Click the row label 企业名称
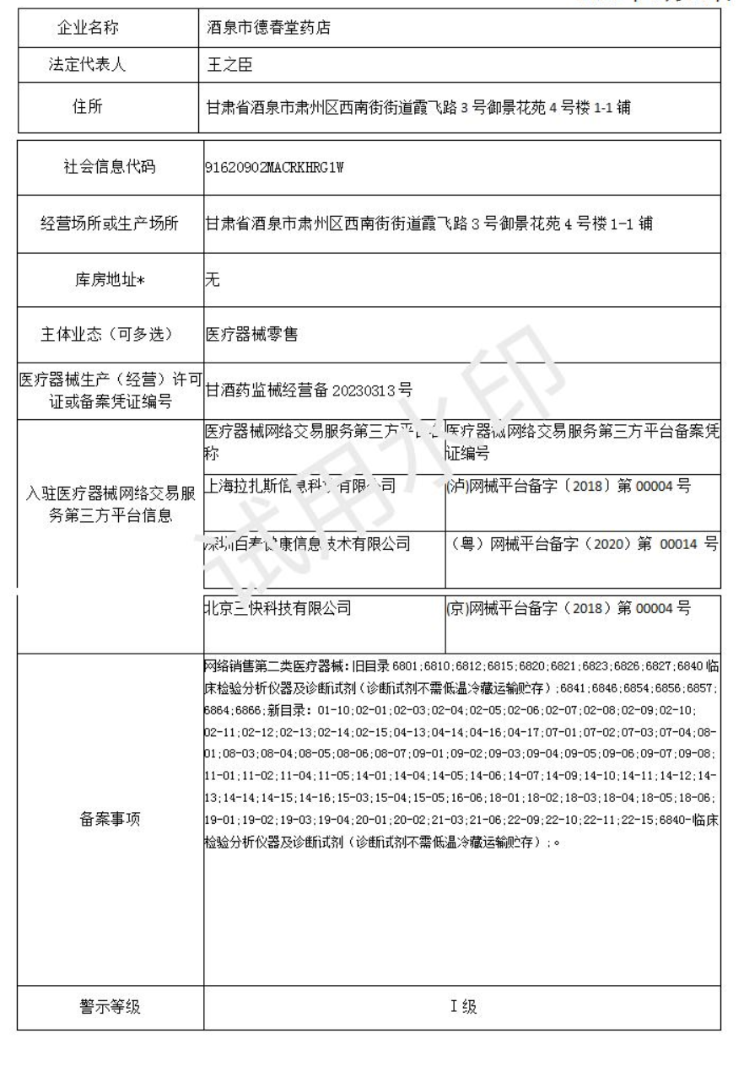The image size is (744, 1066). (99, 28)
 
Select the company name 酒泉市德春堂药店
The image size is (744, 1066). (269, 28)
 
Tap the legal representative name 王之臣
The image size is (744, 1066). (229, 66)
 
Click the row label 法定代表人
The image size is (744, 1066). (99, 66)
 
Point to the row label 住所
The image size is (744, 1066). (99, 107)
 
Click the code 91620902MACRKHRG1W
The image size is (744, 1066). (274, 166)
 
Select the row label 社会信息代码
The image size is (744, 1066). (110, 166)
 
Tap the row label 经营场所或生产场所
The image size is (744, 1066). (110, 223)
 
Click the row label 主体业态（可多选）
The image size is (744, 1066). (110, 334)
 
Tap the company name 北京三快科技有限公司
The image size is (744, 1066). (278, 606)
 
